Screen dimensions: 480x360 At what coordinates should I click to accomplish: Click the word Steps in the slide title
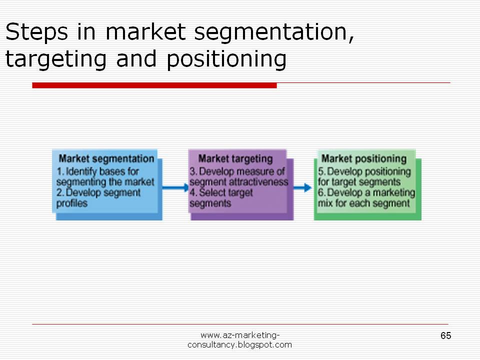pyautogui.click(x=36, y=32)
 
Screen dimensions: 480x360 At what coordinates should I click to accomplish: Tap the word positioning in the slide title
pyautogui.click(x=226, y=59)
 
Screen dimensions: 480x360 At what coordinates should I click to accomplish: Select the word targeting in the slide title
pyautogui.click(x=56, y=59)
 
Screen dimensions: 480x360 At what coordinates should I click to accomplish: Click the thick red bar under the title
pyautogui.click(x=154, y=85)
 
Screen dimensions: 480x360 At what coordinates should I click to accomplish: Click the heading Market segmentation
pyautogui.click(x=106, y=158)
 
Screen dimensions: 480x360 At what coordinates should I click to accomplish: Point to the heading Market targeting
pyautogui.click(x=235, y=158)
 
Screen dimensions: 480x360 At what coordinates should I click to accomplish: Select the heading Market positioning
pyautogui.click(x=364, y=158)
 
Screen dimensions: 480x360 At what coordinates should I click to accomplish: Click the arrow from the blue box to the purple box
pyautogui.click(x=175, y=187)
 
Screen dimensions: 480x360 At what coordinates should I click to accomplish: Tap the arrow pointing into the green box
pyautogui.click(x=302, y=187)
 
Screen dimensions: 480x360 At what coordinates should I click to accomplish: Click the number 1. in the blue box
pyautogui.click(x=60, y=171)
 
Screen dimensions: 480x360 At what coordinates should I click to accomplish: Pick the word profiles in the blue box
pyautogui.click(x=72, y=203)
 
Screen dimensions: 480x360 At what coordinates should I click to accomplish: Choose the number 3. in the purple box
pyautogui.click(x=193, y=171)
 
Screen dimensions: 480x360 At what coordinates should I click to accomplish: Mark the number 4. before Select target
pyautogui.click(x=193, y=192)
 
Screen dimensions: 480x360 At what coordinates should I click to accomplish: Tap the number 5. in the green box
pyautogui.click(x=321, y=171)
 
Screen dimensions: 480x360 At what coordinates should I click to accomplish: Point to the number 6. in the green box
pyautogui.click(x=321, y=192)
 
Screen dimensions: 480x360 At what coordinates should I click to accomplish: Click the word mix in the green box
pyautogui.click(x=325, y=203)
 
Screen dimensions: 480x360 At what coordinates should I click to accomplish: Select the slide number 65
pyautogui.click(x=445, y=335)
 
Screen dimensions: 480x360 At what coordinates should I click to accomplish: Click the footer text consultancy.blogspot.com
pyautogui.click(x=239, y=345)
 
